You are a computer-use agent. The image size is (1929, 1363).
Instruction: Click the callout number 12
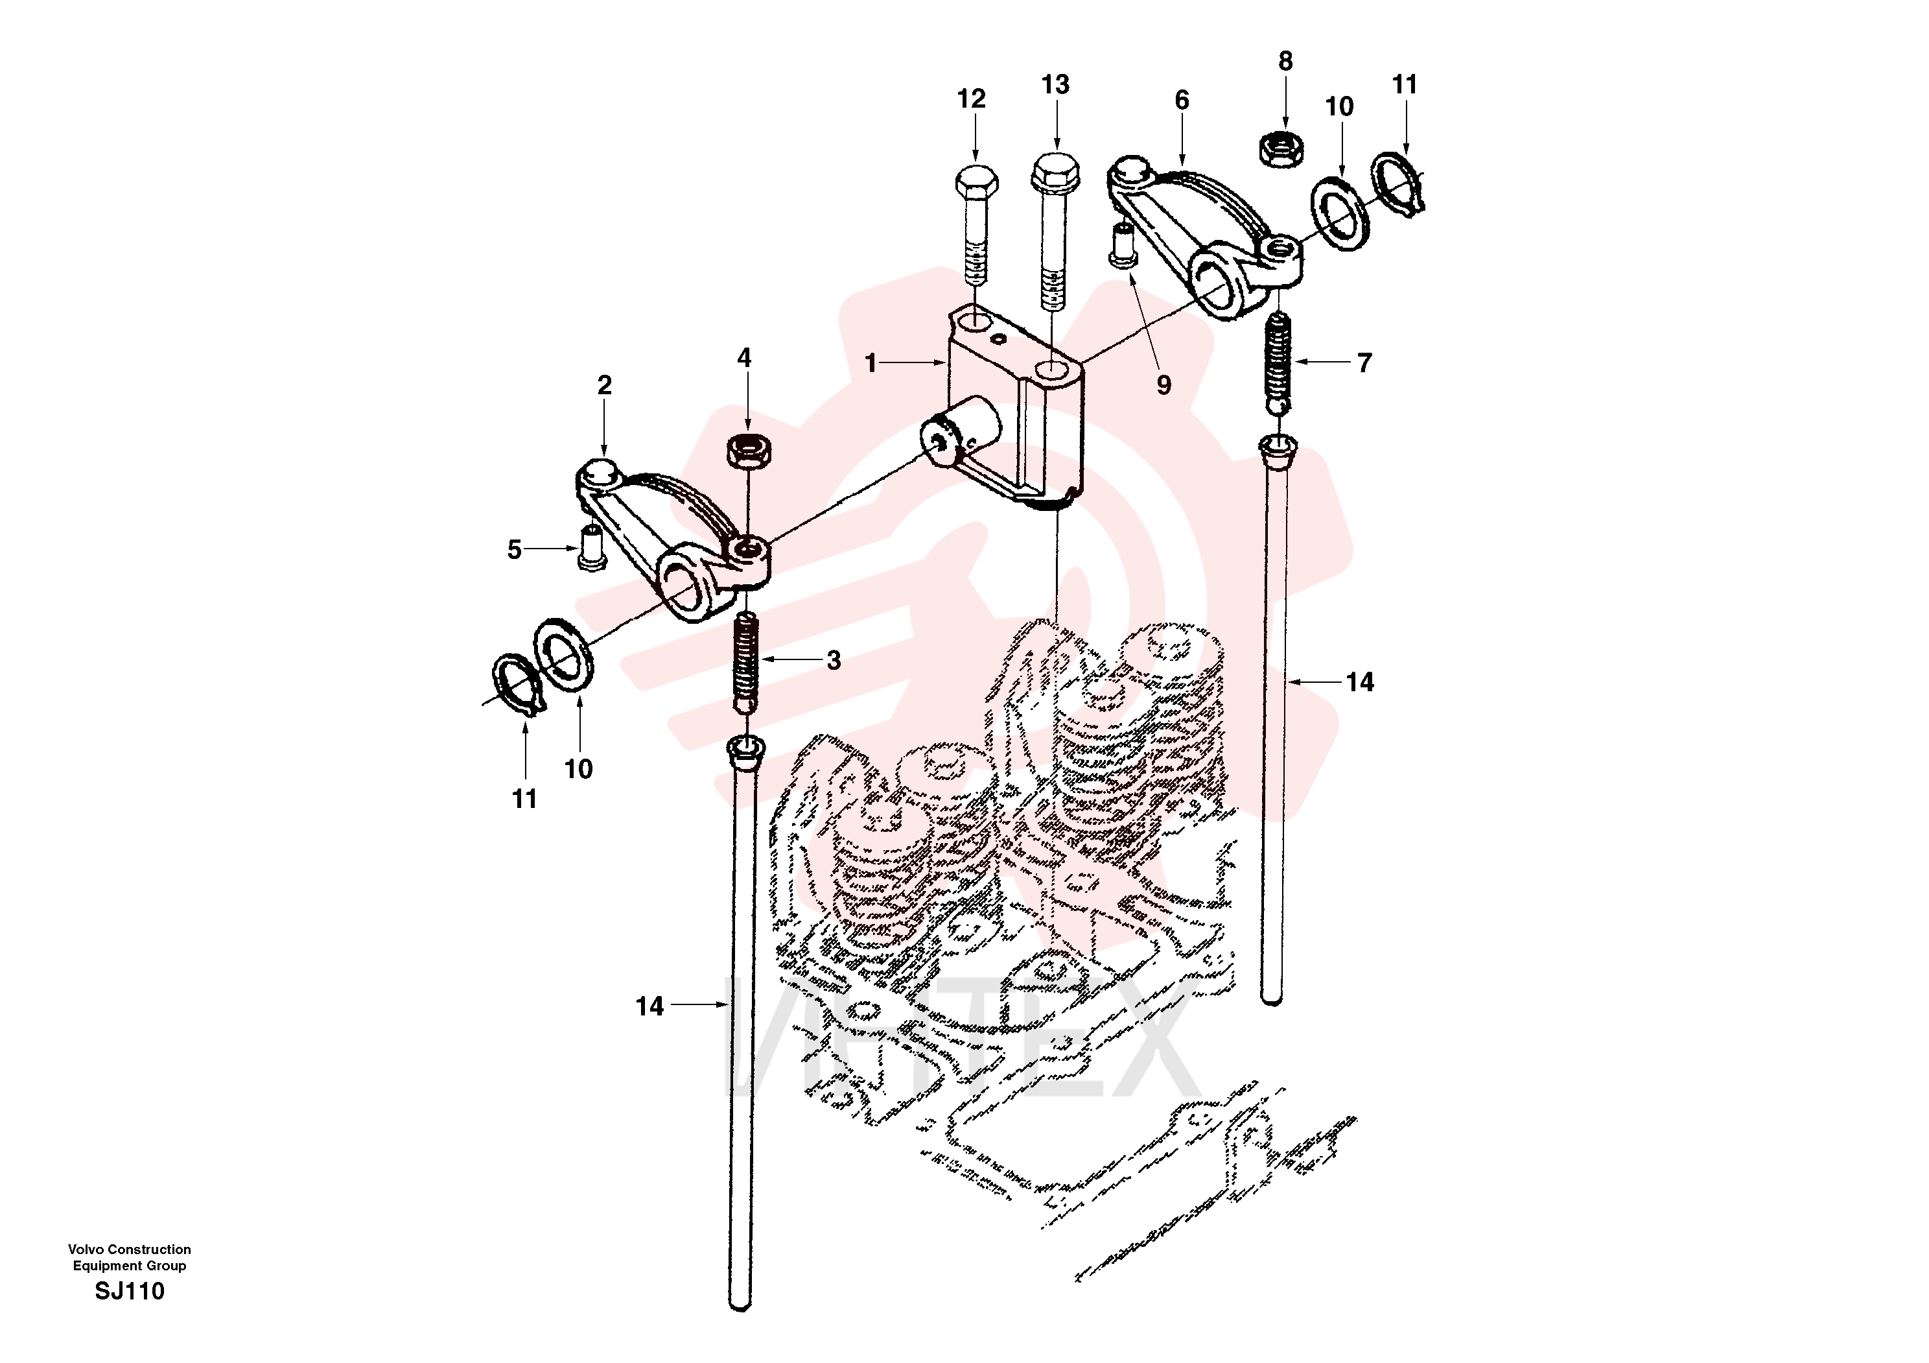coord(971,99)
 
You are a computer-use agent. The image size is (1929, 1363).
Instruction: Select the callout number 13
coord(1055,85)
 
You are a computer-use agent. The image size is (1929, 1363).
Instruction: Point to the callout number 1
coord(871,363)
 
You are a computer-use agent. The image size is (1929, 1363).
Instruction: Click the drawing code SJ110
coord(130,1291)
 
